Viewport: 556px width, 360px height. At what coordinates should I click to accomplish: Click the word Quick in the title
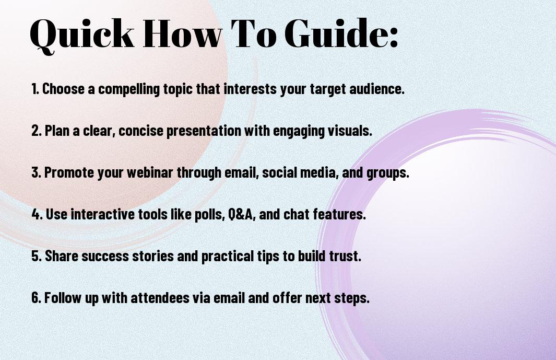point(82,34)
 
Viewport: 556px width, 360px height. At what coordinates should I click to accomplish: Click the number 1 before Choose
point(34,89)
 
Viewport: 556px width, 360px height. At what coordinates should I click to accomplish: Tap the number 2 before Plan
point(35,131)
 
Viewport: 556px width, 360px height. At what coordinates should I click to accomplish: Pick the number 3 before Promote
point(35,172)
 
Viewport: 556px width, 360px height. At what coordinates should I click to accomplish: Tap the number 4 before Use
point(36,214)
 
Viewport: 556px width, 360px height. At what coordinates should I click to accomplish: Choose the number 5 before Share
point(35,256)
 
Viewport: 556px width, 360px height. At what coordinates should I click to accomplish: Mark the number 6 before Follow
point(35,297)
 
